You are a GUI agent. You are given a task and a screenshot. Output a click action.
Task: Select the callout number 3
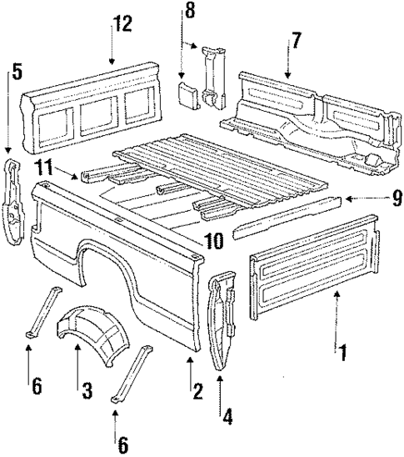point(85,389)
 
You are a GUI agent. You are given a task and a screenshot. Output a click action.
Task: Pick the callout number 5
point(9,73)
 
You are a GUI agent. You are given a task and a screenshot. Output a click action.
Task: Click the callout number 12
point(122,24)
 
